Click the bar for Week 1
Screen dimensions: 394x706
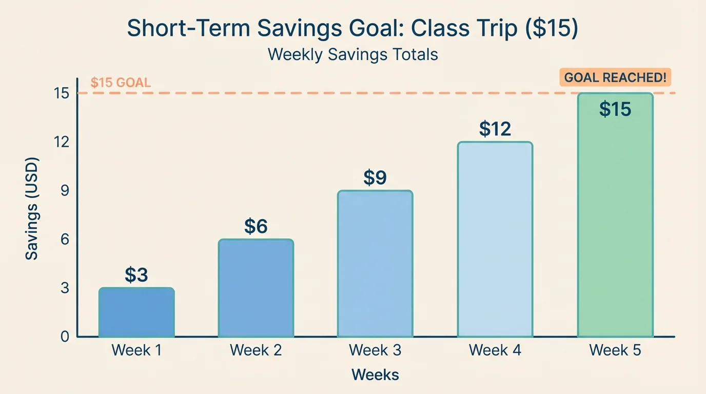tap(136, 312)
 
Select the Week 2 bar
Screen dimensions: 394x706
tap(256, 288)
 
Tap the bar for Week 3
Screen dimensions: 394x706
tap(375, 264)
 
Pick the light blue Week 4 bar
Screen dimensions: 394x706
tap(495, 240)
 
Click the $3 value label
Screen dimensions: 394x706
tap(136, 275)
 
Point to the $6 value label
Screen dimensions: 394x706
tap(256, 226)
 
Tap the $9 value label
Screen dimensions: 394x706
tap(375, 178)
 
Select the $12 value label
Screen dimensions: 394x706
tap(495, 129)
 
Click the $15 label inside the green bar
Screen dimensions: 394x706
tap(615, 109)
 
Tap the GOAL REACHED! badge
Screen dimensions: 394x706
tap(615, 78)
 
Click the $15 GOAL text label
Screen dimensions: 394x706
tap(121, 83)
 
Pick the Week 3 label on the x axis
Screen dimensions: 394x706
tap(375, 350)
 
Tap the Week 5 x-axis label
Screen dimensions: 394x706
tap(615, 350)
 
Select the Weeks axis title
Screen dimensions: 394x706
tap(375, 375)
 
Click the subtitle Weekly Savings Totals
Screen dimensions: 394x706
tap(353, 54)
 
